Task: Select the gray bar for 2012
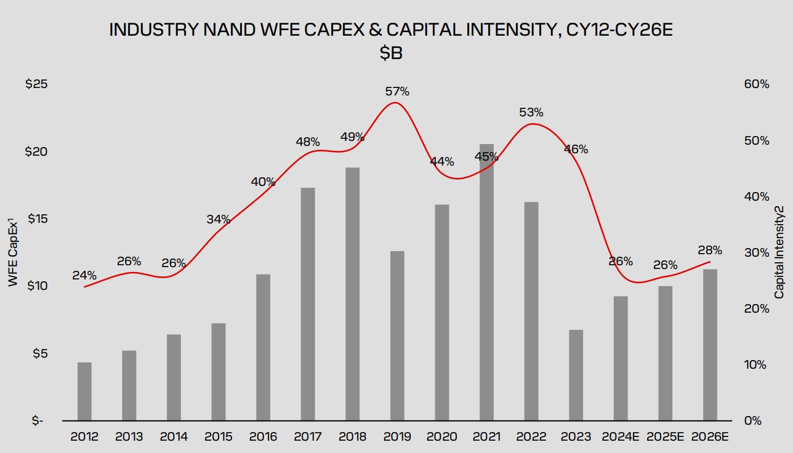click(x=84, y=391)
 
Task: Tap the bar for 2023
click(x=576, y=375)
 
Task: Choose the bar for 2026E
click(x=710, y=345)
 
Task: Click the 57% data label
click(x=397, y=92)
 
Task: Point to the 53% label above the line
click(x=531, y=113)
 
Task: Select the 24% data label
click(x=84, y=275)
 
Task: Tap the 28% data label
click(x=710, y=251)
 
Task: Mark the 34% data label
click(x=219, y=219)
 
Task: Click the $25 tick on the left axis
click(x=35, y=84)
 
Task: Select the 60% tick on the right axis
click(x=757, y=84)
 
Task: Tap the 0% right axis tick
click(x=753, y=421)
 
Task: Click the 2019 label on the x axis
click(x=397, y=437)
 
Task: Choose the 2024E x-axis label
click(x=621, y=437)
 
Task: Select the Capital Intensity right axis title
click(x=779, y=252)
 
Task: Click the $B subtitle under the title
click(x=391, y=54)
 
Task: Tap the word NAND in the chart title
click(x=227, y=30)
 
